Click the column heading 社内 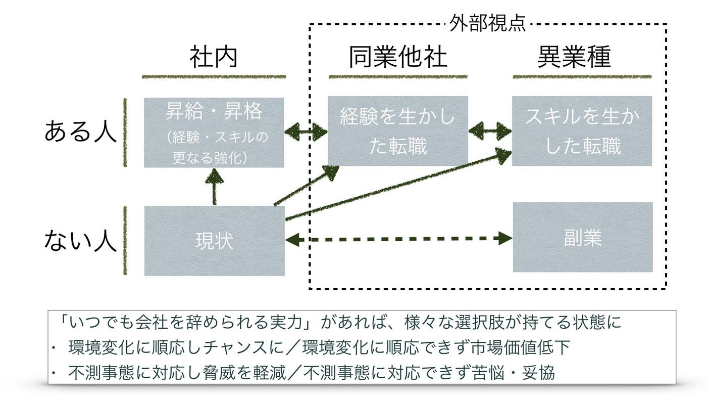pyautogui.click(x=213, y=57)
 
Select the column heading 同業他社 pyautogui.click(x=398, y=57)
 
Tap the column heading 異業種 pyautogui.click(x=574, y=57)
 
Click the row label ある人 pyautogui.click(x=81, y=132)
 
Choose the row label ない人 pyautogui.click(x=81, y=240)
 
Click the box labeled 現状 pyautogui.click(x=214, y=241)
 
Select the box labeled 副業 pyautogui.click(x=582, y=237)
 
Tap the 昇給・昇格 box pyautogui.click(x=214, y=132)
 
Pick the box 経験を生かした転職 pyautogui.click(x=397, y=131)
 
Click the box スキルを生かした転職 pyautogui.click(x=582, y=131)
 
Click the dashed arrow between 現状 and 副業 pyautogui.click(x=399, y=239)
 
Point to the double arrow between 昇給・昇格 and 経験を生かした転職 pyautogui.click(x=306, y=132)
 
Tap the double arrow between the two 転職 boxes pyautogui.click(x=490, y=131)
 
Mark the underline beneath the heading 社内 pyautogui.click(x=214, y=77)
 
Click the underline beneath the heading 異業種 pyautogui.click(x=582, y=77)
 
